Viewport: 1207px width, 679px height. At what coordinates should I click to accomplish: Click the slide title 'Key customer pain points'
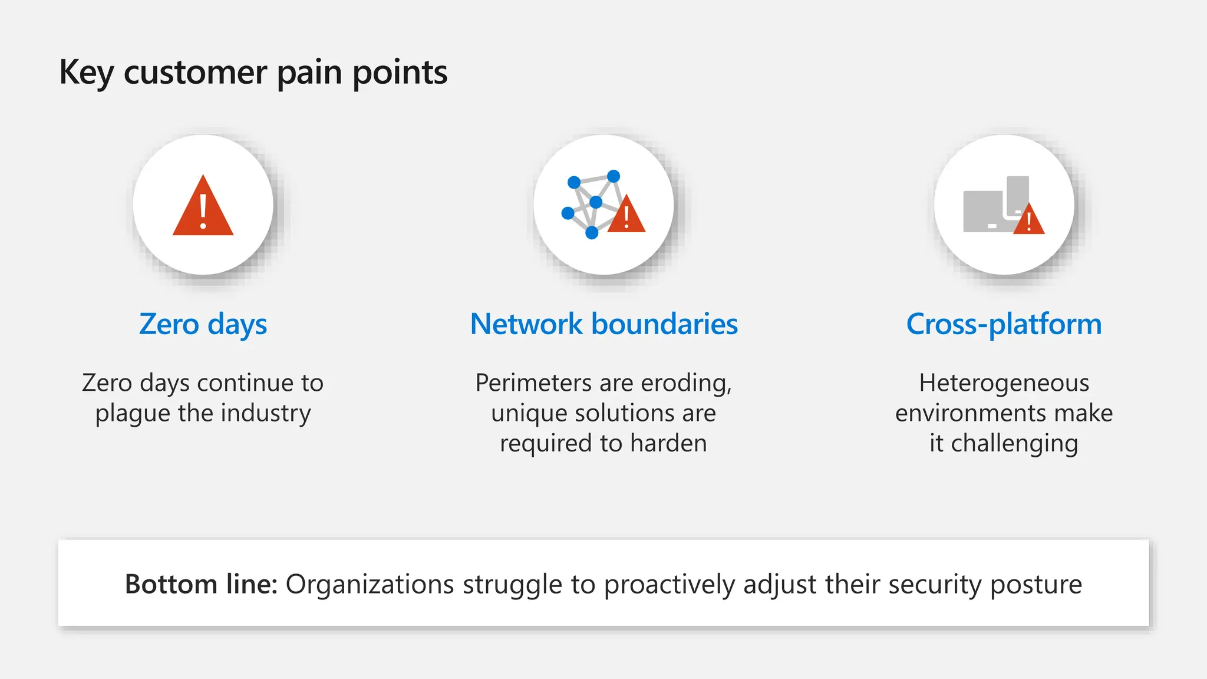click(253, 72)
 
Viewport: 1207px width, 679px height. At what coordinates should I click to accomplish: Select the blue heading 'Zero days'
click(203, 324)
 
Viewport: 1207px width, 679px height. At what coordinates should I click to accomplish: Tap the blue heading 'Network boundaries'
click(603, 324)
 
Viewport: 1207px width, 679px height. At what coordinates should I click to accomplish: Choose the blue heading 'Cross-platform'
click(1004, 324)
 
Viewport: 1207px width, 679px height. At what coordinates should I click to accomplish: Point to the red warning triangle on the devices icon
click(1029, 220)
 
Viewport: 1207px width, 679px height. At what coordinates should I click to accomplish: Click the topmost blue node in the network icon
click(614, 176)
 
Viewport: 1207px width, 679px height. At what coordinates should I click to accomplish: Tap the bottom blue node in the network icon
click(592, 233)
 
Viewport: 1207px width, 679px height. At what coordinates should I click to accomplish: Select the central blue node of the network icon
click(596, 202)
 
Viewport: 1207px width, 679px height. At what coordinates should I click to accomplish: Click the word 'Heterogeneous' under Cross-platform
click(1004, 383)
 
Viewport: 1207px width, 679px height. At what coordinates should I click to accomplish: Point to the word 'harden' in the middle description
click(668, 443)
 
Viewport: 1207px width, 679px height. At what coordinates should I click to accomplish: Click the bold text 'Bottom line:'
click(201, 584)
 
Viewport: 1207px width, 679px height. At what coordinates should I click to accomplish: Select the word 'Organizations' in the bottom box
click(370, 584)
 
